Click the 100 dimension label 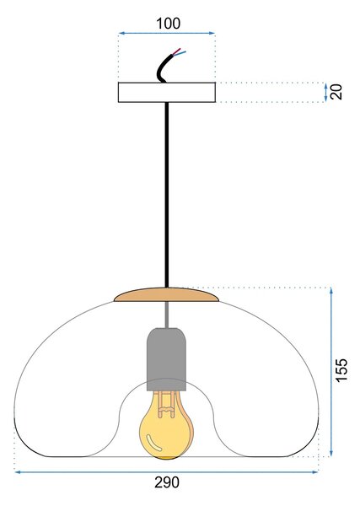click(168, 24)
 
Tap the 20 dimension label click(336, 92)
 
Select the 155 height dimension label click(341, 370)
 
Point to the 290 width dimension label click(167, 482)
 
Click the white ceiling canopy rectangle click(167, 92)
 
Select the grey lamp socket click(166, 359)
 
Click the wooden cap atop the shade click(166, 294)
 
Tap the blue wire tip click(185, 51)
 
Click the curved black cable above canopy click(166, 67)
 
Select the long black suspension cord click(166, 195)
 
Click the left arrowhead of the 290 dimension click(18, 472)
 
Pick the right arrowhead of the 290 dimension click(314, 472)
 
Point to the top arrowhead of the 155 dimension click(331, 290)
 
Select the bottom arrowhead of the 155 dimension click(331, 453)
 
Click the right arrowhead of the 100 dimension click(212, 33)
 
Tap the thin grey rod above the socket click(166, 315)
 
